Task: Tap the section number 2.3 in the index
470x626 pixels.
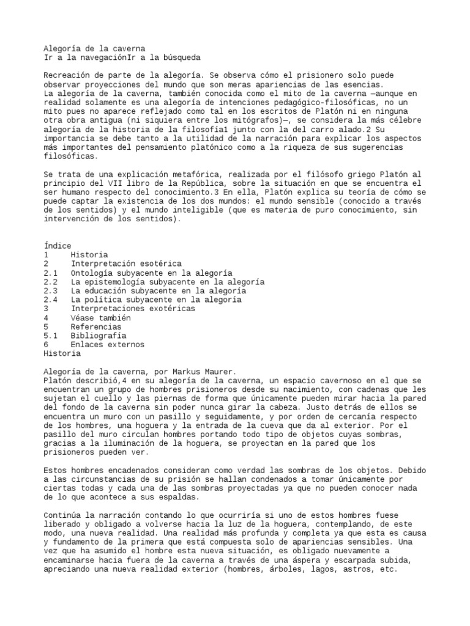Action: point(51,291)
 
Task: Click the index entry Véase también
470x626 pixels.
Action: point(100,318)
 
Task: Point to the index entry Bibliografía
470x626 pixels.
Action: point(99,336)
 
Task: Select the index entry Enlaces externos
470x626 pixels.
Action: point(107,345)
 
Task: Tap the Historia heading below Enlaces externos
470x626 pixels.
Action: point(62,353)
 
